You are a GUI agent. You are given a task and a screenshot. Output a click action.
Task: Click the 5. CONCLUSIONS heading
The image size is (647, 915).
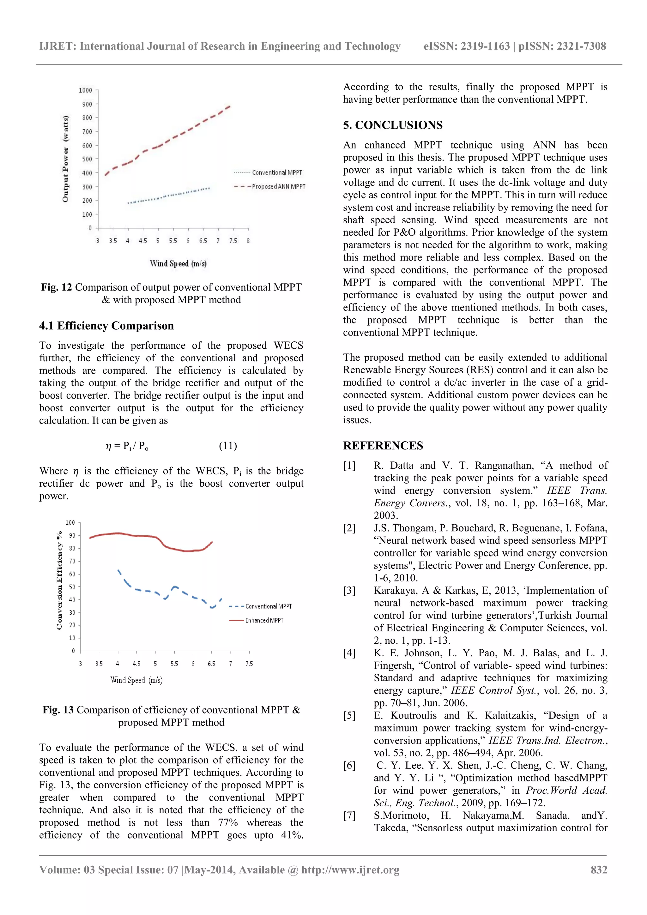click(393, 125)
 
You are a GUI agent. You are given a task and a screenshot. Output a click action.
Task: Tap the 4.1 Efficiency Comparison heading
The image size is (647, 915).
click(106, 326)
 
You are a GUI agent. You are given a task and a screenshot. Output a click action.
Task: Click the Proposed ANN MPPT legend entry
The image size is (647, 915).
click(278, 187)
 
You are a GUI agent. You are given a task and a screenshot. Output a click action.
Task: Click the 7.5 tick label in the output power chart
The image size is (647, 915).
click(233, 241)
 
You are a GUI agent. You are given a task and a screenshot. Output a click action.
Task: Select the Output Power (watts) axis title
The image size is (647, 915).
click(65, 159)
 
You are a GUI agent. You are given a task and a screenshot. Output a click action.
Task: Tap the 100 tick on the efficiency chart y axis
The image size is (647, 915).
click(70, 522)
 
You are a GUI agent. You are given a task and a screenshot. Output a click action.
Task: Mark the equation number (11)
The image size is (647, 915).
click(228, 446)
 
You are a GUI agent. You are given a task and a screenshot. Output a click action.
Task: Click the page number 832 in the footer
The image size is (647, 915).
click(599, 870)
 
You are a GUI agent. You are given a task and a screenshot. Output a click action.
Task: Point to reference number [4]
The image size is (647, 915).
click(349, 653)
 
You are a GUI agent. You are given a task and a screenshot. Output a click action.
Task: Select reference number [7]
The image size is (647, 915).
click(349, 816)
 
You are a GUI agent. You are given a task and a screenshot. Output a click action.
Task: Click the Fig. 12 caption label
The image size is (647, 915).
click(56, 287)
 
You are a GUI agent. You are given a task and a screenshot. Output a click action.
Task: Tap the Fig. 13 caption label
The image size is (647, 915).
click(58, 710)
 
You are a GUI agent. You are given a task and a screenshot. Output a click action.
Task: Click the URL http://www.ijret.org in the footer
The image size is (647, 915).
click(350, 870)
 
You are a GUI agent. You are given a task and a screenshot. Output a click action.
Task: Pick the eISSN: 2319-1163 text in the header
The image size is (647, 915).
click(466, 46)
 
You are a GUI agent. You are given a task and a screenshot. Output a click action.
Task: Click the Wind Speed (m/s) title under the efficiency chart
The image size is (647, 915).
click(136, 680)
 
